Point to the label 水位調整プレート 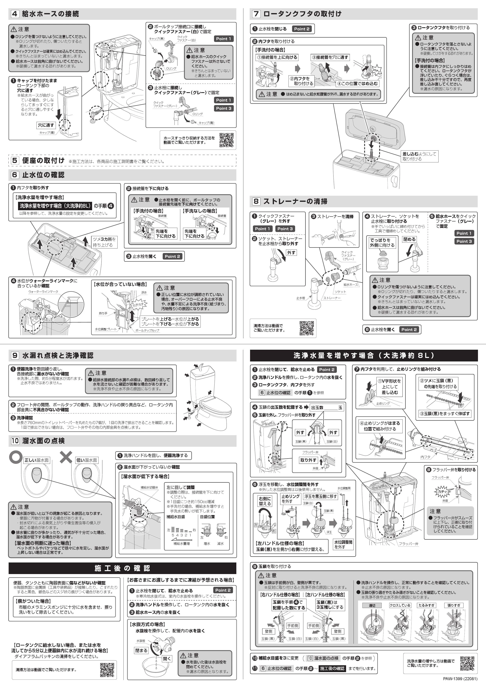click(106, 329)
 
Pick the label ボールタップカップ click(147, 330)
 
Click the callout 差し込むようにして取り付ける click(419, 157)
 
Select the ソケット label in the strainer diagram click(340, 292)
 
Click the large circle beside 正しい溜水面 click(16, 458)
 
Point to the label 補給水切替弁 click(149, 488)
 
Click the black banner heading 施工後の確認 click(122, 568)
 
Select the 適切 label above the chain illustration click(372, 606)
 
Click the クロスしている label click(400, 606)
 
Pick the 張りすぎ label click(454, 606)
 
